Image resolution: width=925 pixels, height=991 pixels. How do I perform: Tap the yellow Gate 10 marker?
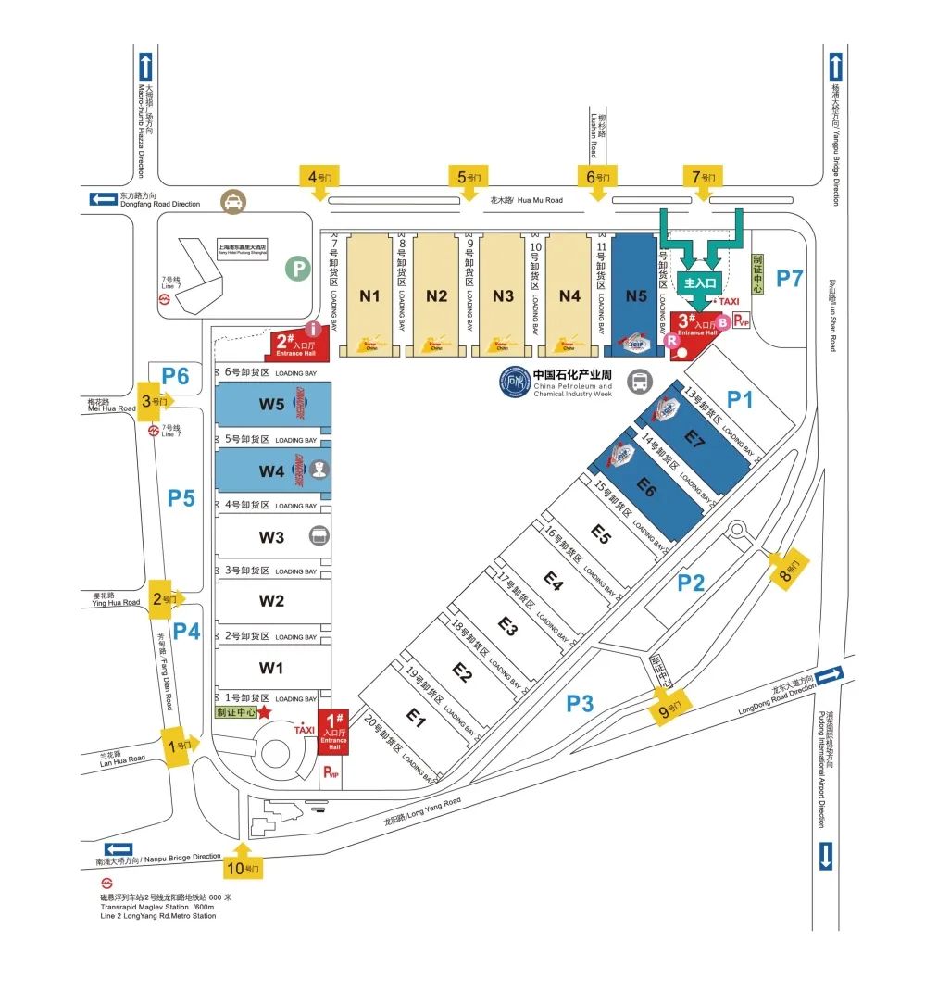[x=244, y=868]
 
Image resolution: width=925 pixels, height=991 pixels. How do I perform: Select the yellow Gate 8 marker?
[x=790, y=566]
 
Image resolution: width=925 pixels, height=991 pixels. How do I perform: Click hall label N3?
[x=503, y=296]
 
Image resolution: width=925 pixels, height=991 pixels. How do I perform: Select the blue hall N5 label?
[x=635, y=296]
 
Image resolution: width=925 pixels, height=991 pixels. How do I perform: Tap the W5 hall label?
[x=271, y=404]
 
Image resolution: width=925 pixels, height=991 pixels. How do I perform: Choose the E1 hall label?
[x=416, y=720]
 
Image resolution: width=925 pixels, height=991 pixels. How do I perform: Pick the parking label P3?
[x=580, y=704]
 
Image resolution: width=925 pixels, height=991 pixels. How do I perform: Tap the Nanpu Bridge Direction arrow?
[x=119, y=849]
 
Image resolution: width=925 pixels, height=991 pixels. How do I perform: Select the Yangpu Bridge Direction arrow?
[x=836, y=67]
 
